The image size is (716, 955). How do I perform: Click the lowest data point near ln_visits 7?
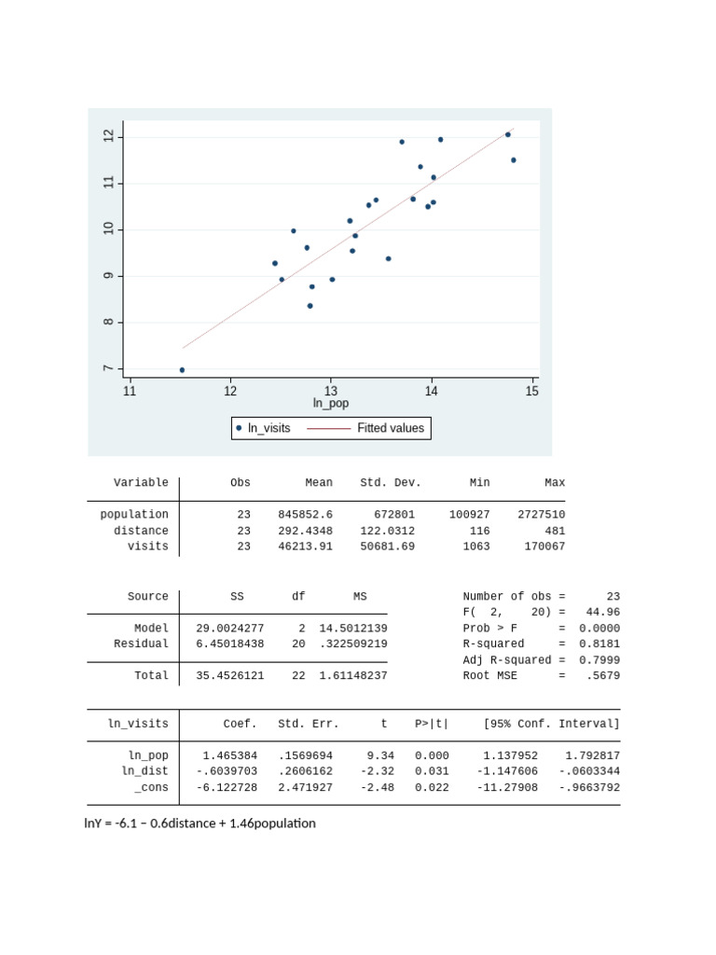click(182, 369)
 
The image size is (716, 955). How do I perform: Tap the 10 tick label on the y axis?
click(108, 228)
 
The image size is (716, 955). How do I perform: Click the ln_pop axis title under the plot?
click(331, 403)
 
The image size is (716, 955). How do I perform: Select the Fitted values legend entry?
click(365, 428)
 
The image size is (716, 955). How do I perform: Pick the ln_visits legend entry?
click(263, 428)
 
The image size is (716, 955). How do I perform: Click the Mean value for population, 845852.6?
click(305, 515)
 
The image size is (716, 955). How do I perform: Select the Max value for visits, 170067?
click(544, 547)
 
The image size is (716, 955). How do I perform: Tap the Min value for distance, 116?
click(479, 531)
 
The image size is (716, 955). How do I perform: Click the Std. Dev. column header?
click(391, 482)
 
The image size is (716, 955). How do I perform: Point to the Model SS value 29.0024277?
click(229, 628)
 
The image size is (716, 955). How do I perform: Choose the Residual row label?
click(141, 644)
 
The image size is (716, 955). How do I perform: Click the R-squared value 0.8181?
click(599, 644)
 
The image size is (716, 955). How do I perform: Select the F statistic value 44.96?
click(603, 612)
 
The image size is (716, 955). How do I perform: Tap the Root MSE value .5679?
click(603, 675)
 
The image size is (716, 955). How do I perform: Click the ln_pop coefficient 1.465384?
click(229, 755)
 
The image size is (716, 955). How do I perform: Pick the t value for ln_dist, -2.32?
click(377, 771)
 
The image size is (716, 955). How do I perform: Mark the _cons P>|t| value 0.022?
click(432, 787)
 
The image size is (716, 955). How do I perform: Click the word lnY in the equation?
click(93, 824)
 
